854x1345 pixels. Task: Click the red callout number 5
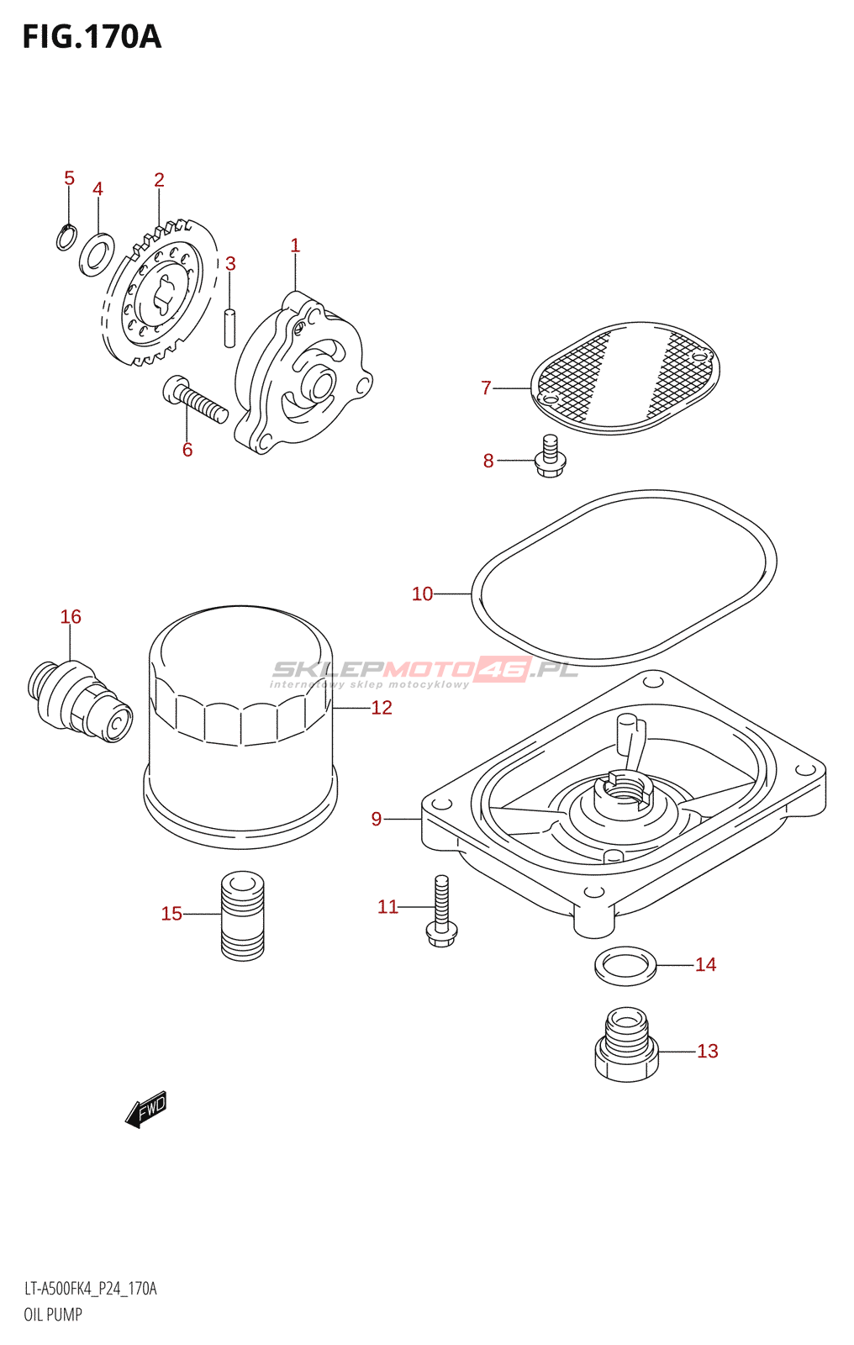pos(69,177)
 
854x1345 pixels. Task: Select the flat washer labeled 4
pos(97,256)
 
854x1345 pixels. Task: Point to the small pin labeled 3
pos(229,327)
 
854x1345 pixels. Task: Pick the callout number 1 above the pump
pos(295,245)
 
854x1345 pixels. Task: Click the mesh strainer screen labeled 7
pos(625,377)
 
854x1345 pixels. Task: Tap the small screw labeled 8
pos(550,456)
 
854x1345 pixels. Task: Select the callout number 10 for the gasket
pos(422,593)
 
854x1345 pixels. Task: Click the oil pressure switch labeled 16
pos(79,701)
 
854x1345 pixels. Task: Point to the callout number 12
pos(382,707)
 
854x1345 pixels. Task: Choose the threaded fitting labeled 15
pos(243,915)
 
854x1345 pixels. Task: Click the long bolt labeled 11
pos(441,911)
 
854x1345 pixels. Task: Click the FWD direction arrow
pos(145,1110)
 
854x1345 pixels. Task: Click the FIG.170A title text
pos(92,37)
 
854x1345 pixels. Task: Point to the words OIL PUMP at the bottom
pos(53,1315)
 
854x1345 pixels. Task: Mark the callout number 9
pos(377,819)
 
